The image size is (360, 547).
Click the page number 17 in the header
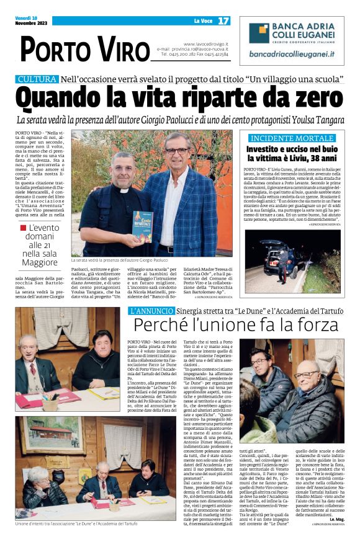pos(223,20)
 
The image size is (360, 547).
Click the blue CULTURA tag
pos(37,79)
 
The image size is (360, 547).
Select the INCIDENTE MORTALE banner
pos(292,138)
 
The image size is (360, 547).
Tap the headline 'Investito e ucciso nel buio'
pos(292,149)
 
